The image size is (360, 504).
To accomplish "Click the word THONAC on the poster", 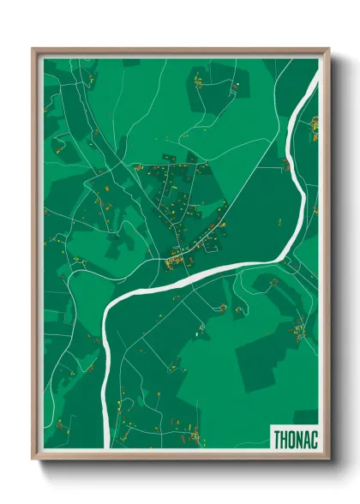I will click(294, 437).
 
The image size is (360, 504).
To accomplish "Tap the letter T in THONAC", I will click(277, 437).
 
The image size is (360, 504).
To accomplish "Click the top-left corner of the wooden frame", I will click(33, 49).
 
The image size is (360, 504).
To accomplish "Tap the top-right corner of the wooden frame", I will click(329, 49).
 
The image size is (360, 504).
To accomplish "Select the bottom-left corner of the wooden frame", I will click(33, 459).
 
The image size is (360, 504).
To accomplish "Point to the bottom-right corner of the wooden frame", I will click(329, 459).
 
